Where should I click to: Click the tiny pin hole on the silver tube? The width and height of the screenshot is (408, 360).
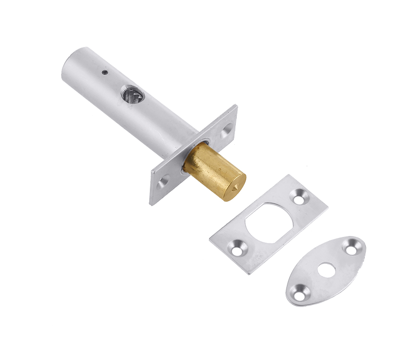tap(105, 72)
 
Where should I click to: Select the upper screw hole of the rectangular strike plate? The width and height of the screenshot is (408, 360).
tap(301, 198)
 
